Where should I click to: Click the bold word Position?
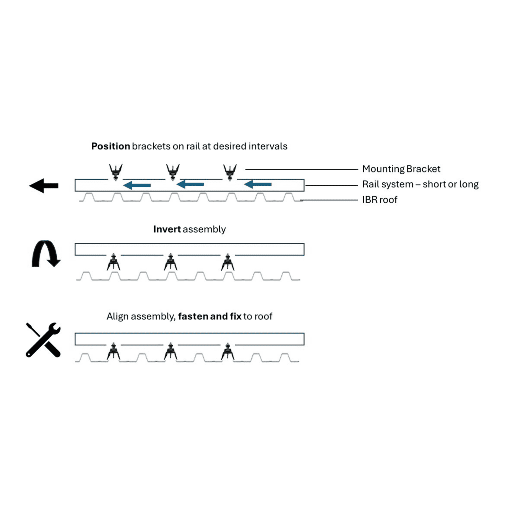[x=110, y=146]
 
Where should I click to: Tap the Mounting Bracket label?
[x=401, y=169]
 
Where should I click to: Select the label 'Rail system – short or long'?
[x=420, y=184]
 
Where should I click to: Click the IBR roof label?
[x=379, y=200]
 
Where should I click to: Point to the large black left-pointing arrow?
[x=44, y=186]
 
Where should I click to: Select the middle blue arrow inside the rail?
[x=190, y=184]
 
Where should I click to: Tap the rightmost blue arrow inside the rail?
[x=257, y=184]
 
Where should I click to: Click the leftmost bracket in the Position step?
[x=116, y=172]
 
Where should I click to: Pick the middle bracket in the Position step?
[x=173, y=172]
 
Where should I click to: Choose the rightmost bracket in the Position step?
[x=230, y=172]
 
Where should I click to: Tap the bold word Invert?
[x=167, y=229]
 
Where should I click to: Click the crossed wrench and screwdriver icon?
[x=43, y=340]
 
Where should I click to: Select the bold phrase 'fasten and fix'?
[x=210, y=316]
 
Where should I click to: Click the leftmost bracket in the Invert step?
[x=114, y=262]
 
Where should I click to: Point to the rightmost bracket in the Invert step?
[x=228, y=262]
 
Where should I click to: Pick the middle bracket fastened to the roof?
[x=171, y=352]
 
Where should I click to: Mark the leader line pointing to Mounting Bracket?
[x=301, y=170]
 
